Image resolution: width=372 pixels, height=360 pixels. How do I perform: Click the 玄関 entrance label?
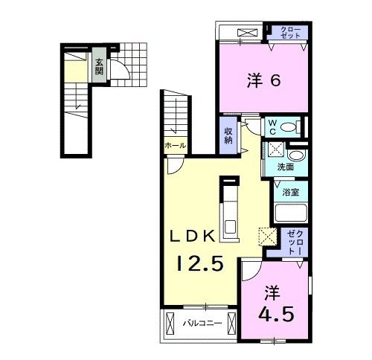99,67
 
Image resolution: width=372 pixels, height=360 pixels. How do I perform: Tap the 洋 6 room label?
264,80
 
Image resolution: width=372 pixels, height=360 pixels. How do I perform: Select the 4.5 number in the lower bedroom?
276,314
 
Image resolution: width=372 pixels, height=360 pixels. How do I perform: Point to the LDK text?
192,236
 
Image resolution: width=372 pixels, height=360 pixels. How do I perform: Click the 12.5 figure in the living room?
200,263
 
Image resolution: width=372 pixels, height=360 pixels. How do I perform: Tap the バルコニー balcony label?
202,324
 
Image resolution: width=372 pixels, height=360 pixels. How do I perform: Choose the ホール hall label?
176,146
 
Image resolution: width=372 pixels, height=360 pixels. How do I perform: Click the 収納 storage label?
228,135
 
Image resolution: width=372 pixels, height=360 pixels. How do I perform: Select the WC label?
272,127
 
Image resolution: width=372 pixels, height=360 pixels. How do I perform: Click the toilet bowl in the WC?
288,127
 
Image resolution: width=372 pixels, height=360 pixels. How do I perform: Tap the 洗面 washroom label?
286,167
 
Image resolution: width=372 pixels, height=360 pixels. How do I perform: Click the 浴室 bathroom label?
290,192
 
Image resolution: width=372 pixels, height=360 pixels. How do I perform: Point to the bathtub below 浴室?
291,213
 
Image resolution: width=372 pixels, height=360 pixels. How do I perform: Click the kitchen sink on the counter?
231,227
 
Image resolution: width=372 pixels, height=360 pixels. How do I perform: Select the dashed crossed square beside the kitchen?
267,237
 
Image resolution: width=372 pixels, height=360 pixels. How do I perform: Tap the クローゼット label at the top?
290,32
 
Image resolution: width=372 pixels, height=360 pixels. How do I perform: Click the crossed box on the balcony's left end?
170,324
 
